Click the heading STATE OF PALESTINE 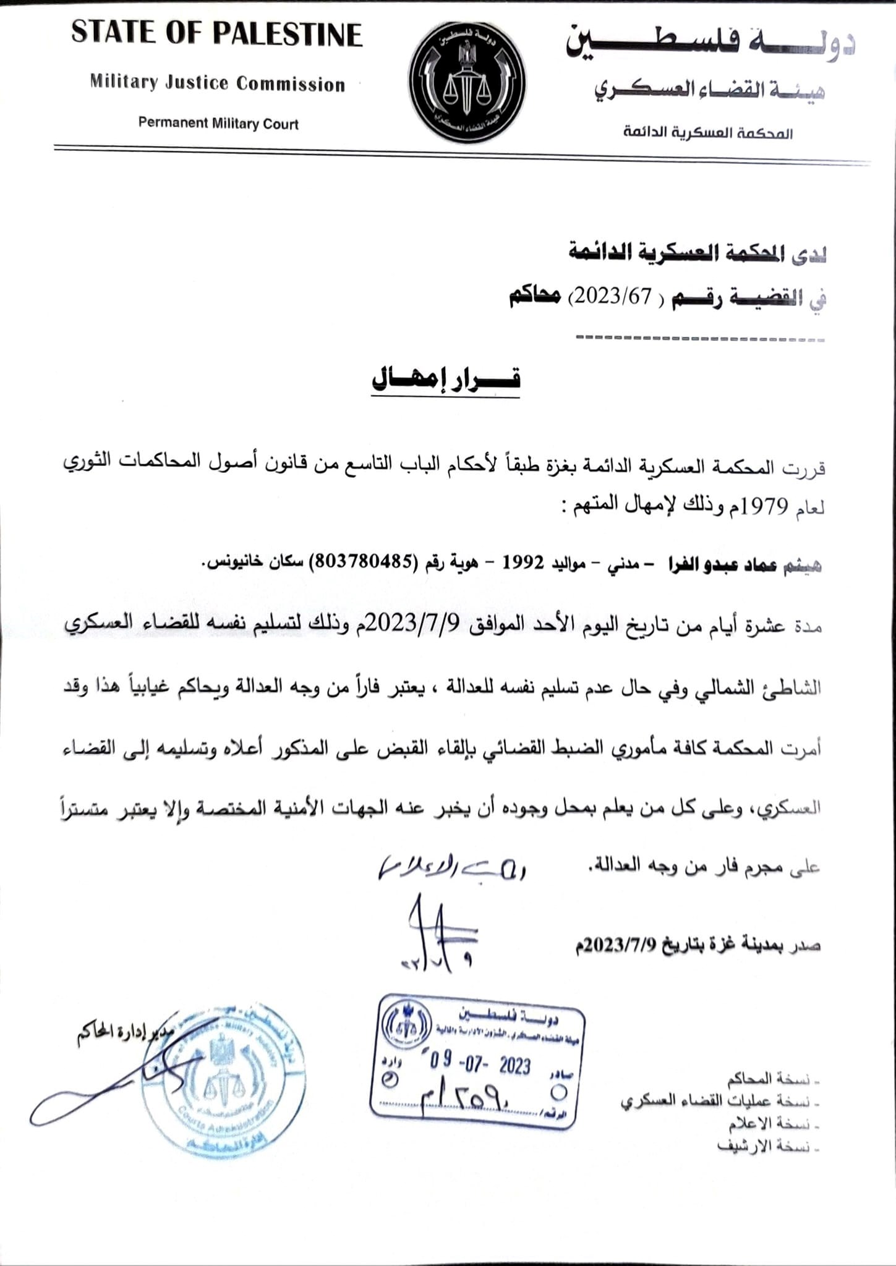pyautogui.click(x=216, y=34)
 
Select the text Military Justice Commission pyautogui.click(x=218, y=83)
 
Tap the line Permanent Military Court pyautogui.click(x=218, y=123)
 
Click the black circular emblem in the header pyautogui.click(x=467, y=83)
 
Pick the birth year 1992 pyautogui.click(x=522, y=563)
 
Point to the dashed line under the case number pyautogui.click(x=699, y=339)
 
